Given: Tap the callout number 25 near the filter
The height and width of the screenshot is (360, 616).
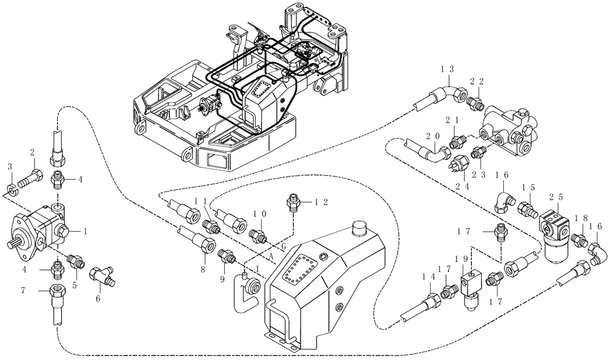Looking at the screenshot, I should [555, 195].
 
